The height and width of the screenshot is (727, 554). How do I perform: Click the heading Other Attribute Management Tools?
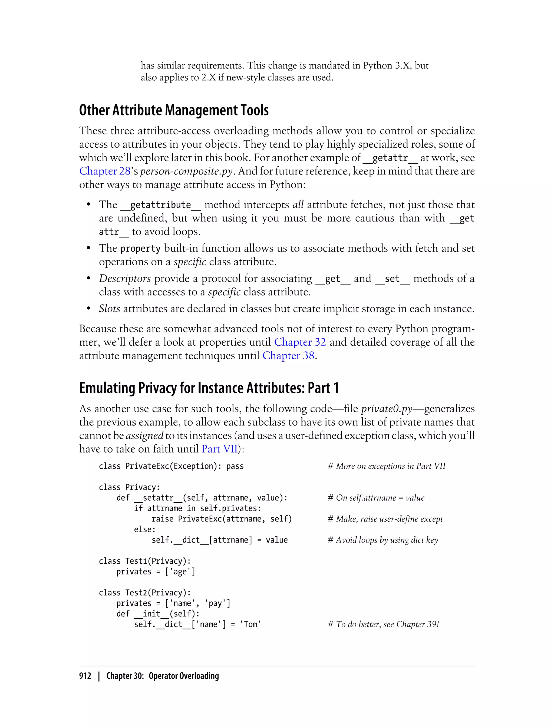tap(174, 110)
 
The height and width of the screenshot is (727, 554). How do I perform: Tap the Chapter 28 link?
tap(105, 171)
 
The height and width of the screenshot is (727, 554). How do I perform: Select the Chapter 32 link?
tap(300, 342)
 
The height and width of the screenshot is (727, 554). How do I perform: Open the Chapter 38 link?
tap(288, 356)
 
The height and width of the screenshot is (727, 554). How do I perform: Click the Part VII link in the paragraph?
tap(219, 449)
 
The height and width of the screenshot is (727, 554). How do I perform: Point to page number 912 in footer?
tap(85, 676)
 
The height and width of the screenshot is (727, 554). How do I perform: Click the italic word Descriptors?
tap(125, 279)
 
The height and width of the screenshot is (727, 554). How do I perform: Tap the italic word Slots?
tap(110, 309)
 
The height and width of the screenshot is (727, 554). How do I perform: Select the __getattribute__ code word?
tap(161, 205)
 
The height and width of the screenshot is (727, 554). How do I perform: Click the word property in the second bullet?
tap(140, 249)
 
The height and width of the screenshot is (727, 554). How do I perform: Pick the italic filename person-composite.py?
tap(187, 171)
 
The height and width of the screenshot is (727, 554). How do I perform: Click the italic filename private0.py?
tap(387, 409)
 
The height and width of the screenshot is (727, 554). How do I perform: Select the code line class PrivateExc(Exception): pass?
tap(171, 466)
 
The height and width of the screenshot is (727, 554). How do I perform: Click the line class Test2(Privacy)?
tap(145, 593)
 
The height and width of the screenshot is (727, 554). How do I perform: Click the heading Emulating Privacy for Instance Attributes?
tap(209, 388)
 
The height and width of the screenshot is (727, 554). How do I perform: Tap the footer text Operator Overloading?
tap(184, 676)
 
